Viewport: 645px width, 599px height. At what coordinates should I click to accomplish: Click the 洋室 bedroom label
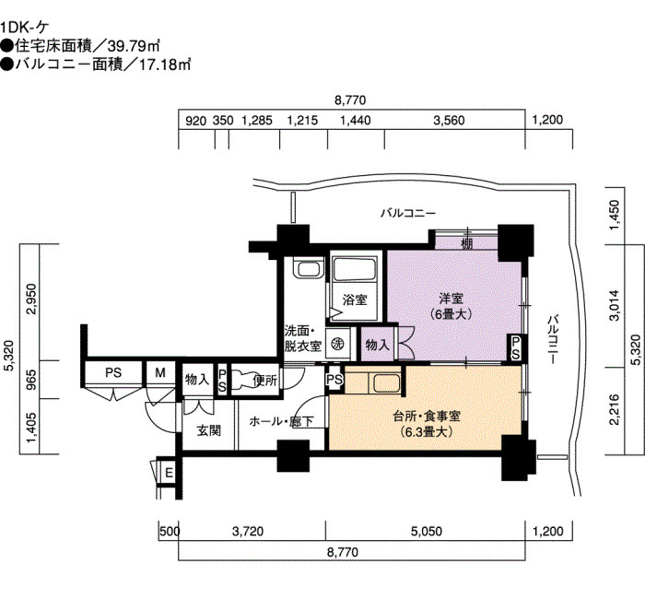coord(451,298)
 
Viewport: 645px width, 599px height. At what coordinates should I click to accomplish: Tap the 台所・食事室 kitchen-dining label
coord(427,417)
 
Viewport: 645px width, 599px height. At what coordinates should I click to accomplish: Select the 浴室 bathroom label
coord(355,299)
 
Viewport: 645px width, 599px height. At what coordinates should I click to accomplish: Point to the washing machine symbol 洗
coord(338,343)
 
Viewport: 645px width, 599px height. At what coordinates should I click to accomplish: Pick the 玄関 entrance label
coord(209,430)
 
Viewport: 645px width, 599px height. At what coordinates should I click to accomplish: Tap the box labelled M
coord(160,373)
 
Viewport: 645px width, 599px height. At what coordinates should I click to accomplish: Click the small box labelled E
coord(169,473)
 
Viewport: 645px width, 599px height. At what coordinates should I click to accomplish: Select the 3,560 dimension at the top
coord(450,121)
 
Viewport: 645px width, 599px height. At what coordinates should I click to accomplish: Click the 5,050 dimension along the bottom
coord(427,531)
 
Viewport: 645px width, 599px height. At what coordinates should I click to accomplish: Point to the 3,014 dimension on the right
coord(615,305)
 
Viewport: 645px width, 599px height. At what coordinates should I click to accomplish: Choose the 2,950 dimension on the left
coord(31,299)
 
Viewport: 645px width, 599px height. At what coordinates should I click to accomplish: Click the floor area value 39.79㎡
coord(134,46)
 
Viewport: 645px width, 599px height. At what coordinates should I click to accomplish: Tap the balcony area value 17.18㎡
coord(165,65)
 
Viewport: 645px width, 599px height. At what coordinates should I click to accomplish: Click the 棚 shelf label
coord(467,243)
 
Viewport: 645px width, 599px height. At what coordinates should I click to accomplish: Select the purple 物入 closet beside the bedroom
coord(377,345)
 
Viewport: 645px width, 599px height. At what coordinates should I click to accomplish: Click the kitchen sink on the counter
coord(386,383)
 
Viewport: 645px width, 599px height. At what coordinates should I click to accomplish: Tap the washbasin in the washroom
coord(308,269)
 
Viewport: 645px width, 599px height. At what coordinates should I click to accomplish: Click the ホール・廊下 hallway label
coord(281,421)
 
